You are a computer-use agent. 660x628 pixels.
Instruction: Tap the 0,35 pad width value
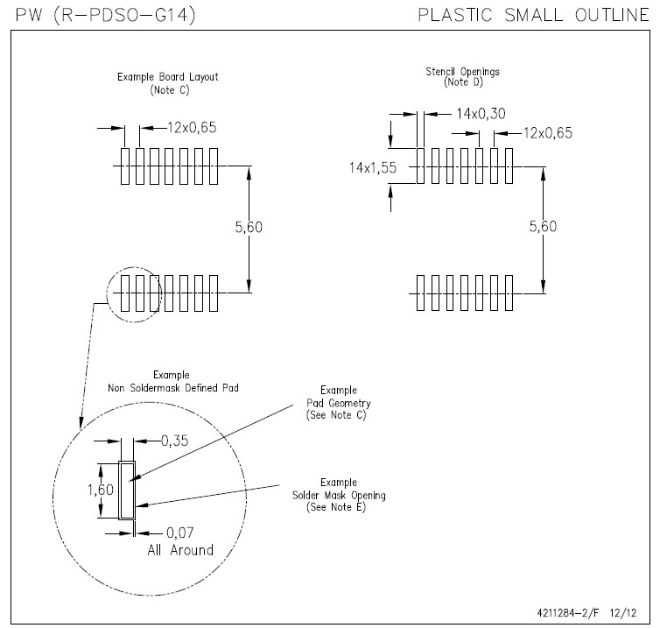(180, 441)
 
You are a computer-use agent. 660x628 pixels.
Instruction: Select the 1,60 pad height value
(102, 490)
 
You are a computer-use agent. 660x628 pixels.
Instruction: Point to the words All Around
(179, 550)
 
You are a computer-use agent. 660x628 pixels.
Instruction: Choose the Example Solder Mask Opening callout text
(339, 495)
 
